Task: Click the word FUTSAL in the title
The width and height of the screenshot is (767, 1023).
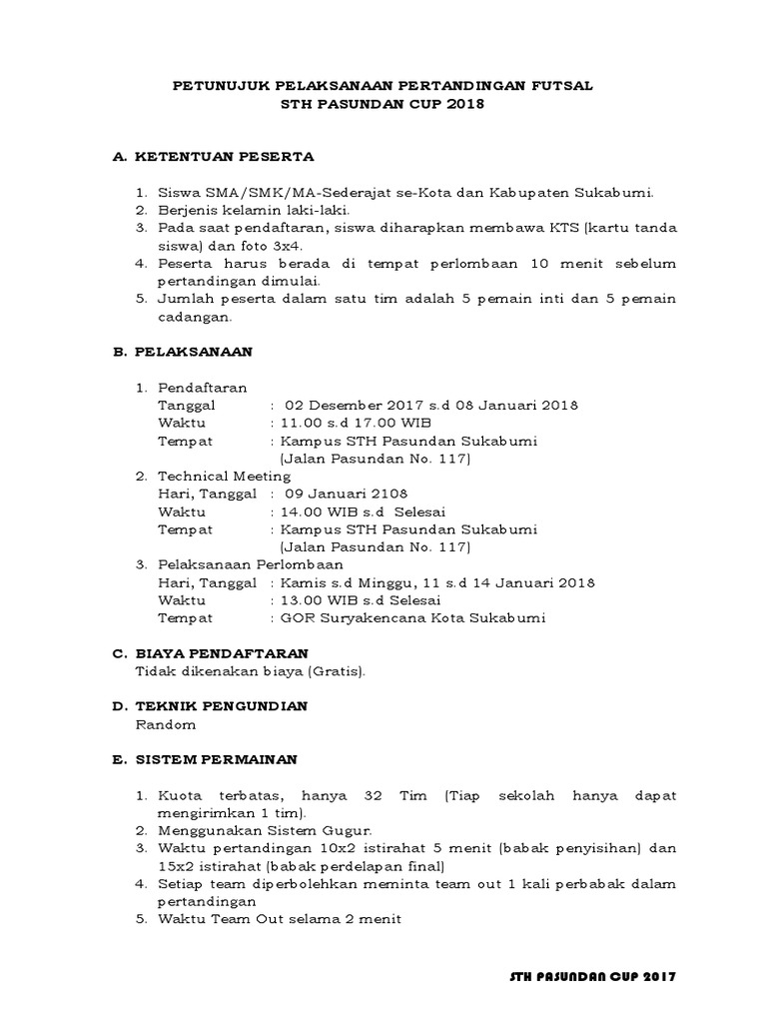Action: pyautogui.click(x=560, y=86)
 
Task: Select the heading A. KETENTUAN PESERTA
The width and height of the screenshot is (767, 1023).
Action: pyautogui.click(x=213, y=157)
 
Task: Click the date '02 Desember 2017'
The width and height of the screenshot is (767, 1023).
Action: pyautogui.click(x=345, y=405)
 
